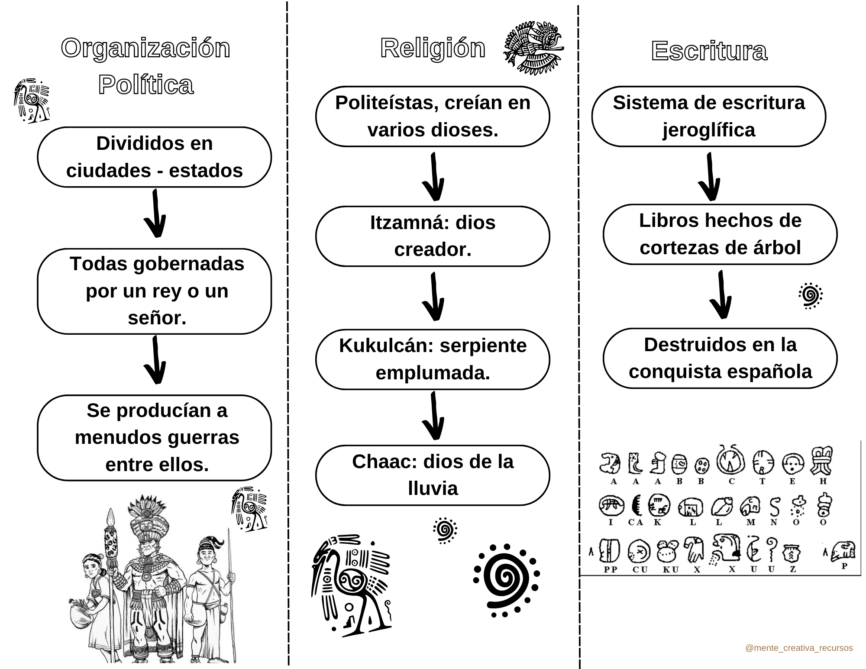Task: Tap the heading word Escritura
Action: (x=709, y=51)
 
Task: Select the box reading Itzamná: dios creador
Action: (x=433, y=236)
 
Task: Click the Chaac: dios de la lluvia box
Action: (x=433, y=475)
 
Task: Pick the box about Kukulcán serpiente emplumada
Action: (x=433, y=359)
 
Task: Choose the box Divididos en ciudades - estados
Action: (x=155, y=157)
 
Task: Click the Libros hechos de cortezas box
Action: (x=720, y=234)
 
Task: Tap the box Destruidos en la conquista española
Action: (x=720, y=358)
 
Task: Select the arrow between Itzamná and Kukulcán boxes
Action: (x=433, y=297)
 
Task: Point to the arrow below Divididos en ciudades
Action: (x=155, y=214)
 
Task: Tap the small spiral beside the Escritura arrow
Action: (x=810, y=296)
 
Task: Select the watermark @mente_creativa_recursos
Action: (x=799, y=648)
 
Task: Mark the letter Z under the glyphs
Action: (x=792, y=569)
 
